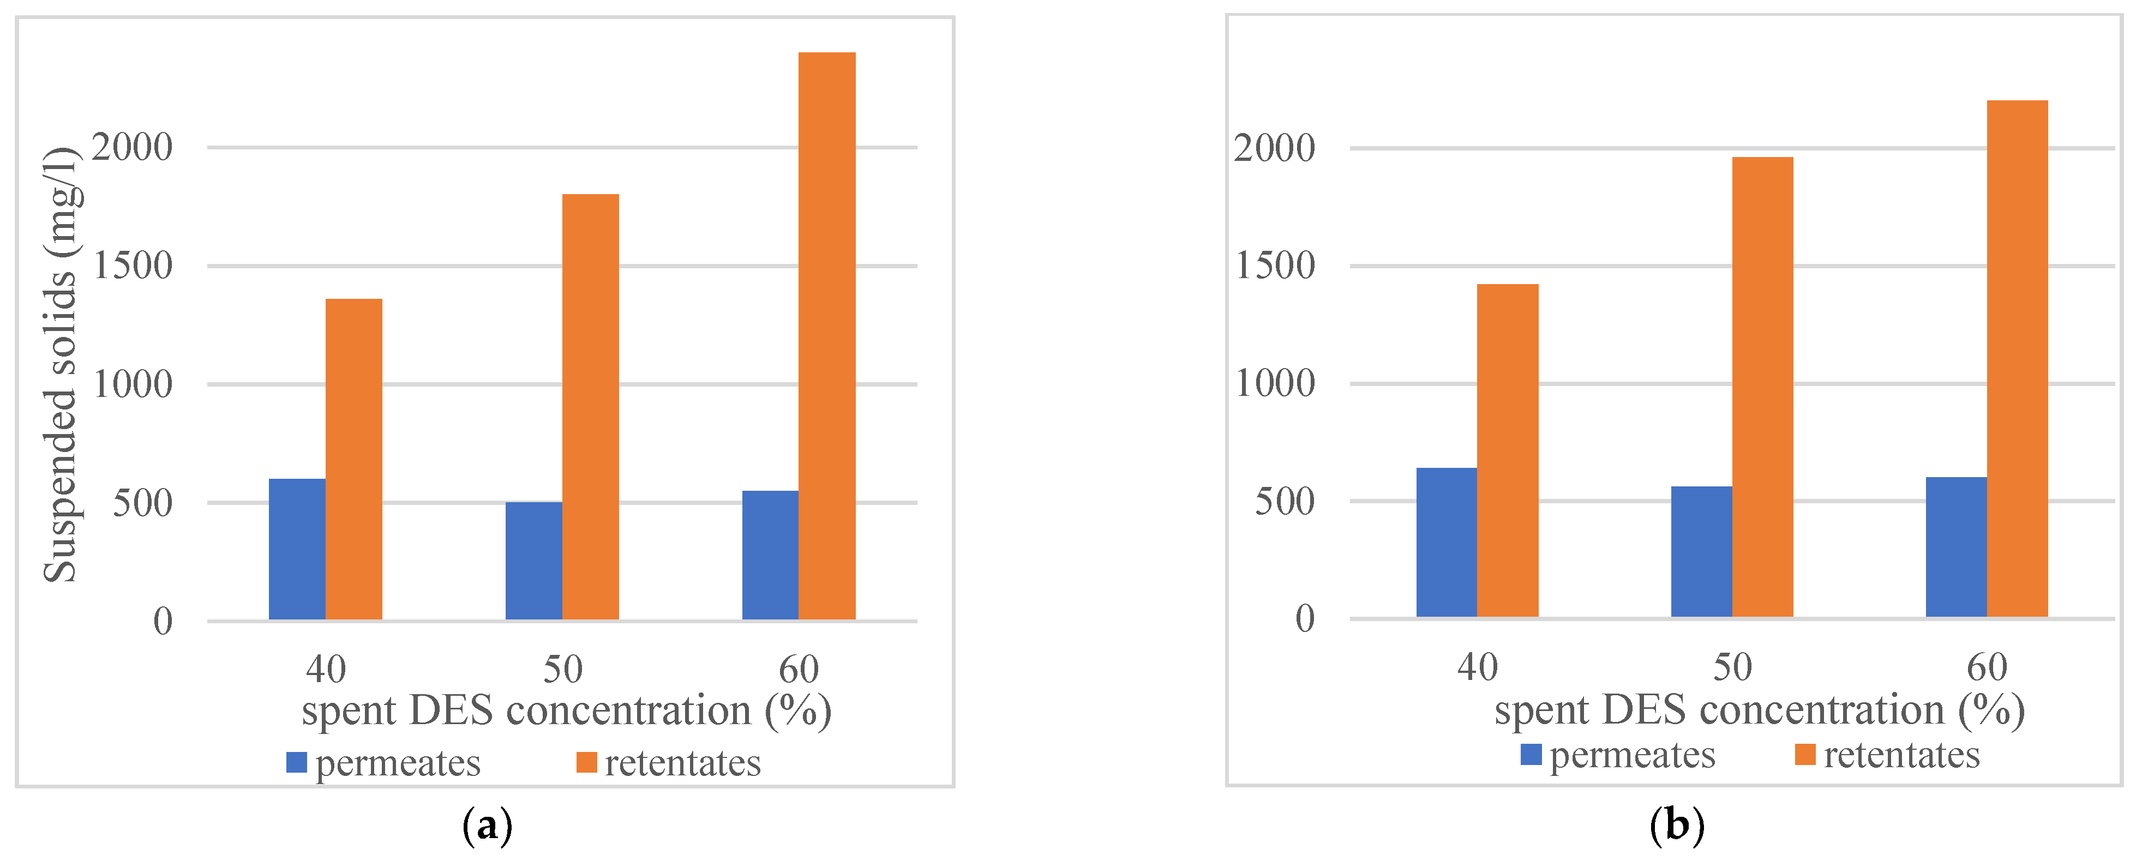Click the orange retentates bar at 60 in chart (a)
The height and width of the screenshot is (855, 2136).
pos(827,336)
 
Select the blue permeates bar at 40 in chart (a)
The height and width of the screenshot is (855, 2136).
pos(297,549)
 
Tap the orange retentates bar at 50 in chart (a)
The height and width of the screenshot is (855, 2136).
pos(590,406)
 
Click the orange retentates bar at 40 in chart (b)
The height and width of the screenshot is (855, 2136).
pos(1508,450)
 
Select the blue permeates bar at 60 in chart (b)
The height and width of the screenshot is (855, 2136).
pos(1956,547)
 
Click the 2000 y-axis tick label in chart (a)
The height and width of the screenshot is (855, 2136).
pos(132,148)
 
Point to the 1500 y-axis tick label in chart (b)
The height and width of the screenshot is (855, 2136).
pos(1275,266)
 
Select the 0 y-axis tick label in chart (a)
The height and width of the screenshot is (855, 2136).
pos(163,621)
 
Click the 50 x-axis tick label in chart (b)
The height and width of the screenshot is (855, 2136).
pos(1732,667)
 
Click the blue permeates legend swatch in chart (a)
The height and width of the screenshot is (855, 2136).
pos(296,762)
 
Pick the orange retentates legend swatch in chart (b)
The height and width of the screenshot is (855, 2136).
pos(1804,755)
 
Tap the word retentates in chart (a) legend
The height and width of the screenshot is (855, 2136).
pos(682,763)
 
